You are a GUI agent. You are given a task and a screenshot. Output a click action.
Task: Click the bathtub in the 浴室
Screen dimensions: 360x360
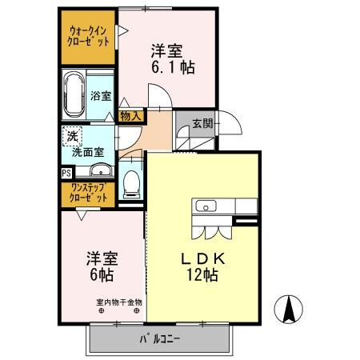coord(74,93)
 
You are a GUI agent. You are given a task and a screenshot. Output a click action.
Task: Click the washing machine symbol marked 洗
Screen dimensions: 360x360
coord(72,135)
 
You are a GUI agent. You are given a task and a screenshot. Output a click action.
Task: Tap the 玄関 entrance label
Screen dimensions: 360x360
coord(202,124)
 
